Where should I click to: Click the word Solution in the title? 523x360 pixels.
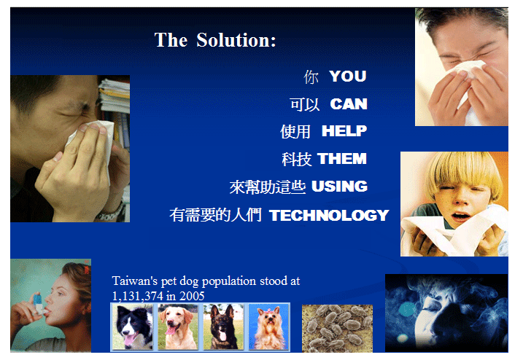pyautogui.click(x=236, y=40)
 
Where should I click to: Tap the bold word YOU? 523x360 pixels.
pyautogui.click(x=347, y=76)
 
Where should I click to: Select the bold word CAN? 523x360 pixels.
pyautogui.click(x=349, y=104)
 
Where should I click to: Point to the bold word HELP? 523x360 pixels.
pyautogui.click(x=344, y=131)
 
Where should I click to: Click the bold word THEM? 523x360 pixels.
pyautogui.click(x=342, y=159)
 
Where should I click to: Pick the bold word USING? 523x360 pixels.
pyautogui.click(x=339, y=187)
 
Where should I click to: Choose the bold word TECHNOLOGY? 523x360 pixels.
pyautogui.click(x=329, y=215)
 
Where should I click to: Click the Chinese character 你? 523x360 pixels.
pyautogui.click(x=311, y=77)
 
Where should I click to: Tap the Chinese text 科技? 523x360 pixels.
pyautogui.click(x=297, y=159)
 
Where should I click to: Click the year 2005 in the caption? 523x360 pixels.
pyautogui.click(x=192, y=296)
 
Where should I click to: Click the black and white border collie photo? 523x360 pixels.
pyautogui.click(x=133, y=327)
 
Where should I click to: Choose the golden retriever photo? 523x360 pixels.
pyautogui.click(x=178, y=327)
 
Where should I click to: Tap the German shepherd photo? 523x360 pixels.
pyautogui.click(x=223, y=327)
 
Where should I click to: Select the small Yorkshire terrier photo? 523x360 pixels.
pyautogui.click(x=268, y=327)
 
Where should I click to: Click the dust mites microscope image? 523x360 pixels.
pyautogui.click(x=337, y=329)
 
